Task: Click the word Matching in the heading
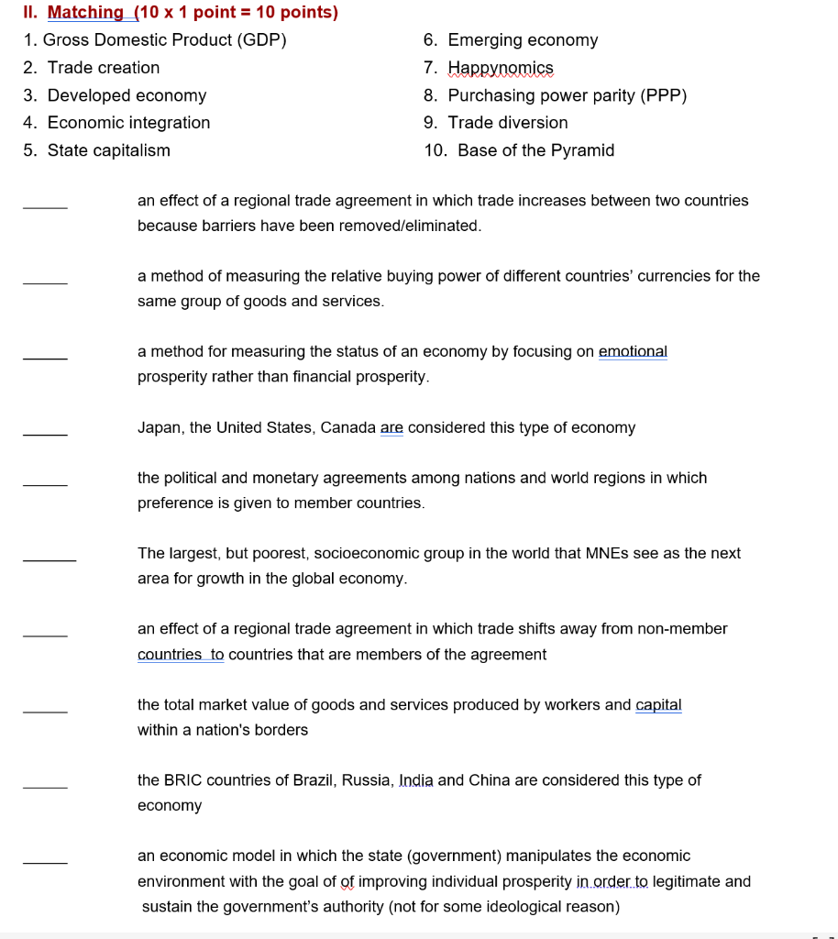(86, 13)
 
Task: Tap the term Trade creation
(104, 68)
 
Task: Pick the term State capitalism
(108, 150)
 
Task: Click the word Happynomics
(501, 68)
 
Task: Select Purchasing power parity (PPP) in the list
(567, 95)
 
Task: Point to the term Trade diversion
(508, 123)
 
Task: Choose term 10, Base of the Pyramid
(535, 150)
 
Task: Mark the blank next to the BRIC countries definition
(45, 785)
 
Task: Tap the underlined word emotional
(633, 352)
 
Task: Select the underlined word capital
(658, 705)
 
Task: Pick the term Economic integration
(128, 123)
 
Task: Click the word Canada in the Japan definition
(348, 428)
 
